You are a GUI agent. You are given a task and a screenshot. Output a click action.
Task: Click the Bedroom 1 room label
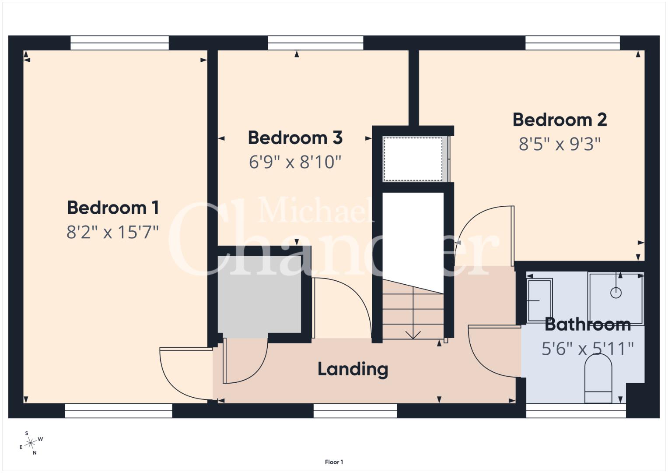point(113,208)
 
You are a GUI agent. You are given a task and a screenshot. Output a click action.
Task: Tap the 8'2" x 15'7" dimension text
point(112,232)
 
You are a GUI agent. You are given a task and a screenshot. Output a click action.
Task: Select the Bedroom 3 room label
point(295,138)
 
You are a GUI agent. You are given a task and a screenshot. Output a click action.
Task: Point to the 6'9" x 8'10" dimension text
point(295,162)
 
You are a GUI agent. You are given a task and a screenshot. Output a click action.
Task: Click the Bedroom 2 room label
point(560,120)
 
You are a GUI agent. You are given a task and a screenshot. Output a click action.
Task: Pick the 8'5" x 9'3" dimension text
point(560,144)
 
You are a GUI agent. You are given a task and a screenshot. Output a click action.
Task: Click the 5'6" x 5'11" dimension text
point(588,349)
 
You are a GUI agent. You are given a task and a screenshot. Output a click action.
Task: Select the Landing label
point(353,369)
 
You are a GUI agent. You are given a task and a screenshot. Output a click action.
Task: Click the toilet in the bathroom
point(598,379)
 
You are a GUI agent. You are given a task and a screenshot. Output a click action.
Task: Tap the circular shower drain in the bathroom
point(616,293)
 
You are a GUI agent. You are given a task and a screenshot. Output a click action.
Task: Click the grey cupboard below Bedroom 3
point(259,294)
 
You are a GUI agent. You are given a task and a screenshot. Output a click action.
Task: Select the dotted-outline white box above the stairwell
point(413,159)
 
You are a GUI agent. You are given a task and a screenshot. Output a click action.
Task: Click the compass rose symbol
point(31,443)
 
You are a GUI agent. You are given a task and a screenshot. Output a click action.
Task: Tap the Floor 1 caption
point(334,462)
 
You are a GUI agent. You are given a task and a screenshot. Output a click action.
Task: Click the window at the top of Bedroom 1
point(119,43)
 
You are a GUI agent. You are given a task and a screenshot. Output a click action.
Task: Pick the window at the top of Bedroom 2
point(573,43)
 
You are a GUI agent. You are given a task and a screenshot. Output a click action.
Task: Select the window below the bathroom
point(576,411)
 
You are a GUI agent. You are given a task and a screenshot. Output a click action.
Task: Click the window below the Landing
point(355,411)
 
